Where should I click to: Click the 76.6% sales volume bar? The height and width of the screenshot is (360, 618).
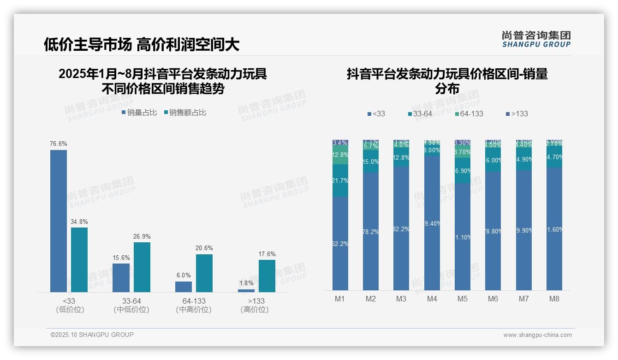pyautogui.click(x=59, y=221)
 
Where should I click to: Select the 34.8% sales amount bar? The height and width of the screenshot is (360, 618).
pyautogui.click(x=79, y=259)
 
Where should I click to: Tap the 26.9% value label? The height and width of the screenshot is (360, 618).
pyautogui.click(x=142, y=237)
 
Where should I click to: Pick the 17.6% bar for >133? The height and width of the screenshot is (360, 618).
pyautogui.click(x=267, y=276)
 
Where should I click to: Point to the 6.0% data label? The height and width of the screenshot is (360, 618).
pyautogui.click(x=184, y=276)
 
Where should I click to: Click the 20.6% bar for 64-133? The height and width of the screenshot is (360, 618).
pyautogui.click(x=204, y=273)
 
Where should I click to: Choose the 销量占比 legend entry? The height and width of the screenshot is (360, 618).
pyautogui.click(x=139, y=113)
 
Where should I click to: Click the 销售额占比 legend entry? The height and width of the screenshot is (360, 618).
pyautogui.click(x=185, y=113)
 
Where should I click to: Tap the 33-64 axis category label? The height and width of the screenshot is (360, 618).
pyautogui.click(x=131, y=301)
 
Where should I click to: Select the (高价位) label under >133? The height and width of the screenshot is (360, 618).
pyautogui.click(x=255, y=310)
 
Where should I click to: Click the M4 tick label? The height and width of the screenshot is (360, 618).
pyautogui.click(x=432, y=299)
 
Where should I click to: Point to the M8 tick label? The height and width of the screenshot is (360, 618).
pyautogui.click(x=554, y=299)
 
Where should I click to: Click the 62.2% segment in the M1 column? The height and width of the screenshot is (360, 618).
pyautogui.click(x=340, y=244)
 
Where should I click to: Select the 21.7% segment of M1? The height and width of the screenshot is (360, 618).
pyautogui.click(x=340, y=181)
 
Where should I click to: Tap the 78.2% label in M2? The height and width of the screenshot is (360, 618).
pyautogui.click(x=371, y=232)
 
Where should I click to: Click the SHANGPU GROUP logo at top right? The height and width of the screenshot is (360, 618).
pyautogui.click(x=536, y=39)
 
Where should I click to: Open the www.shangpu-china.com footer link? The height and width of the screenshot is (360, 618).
pyautogui.click(x=537, y=335)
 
